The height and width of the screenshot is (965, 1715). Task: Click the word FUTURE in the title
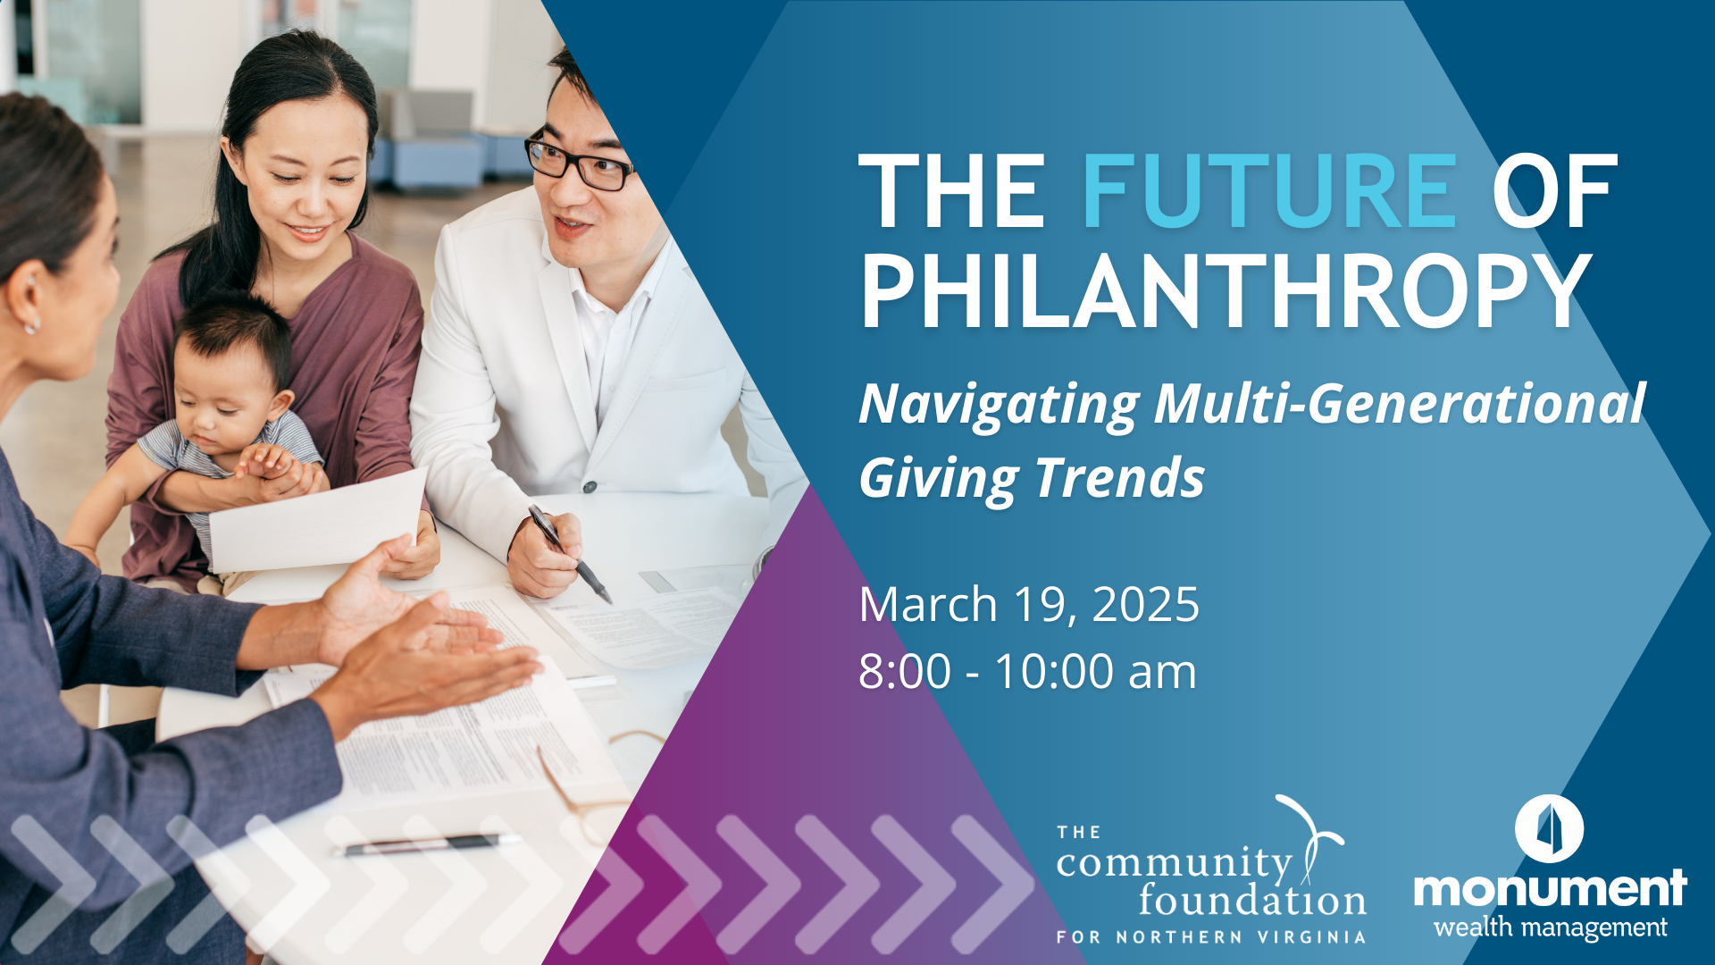coord(1268,192)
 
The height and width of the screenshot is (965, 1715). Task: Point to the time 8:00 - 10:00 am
coord(1027,672)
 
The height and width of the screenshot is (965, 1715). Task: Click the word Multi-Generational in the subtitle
coord(1399,404)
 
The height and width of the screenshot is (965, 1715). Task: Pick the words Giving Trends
coord(1032,478)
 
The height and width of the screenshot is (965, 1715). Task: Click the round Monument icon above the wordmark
coord(1549,828)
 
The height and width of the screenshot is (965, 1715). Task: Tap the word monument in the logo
coord(1550,888)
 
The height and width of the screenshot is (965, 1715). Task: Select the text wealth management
coord(1550,927)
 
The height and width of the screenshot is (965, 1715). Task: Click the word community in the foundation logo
coord(1174,863)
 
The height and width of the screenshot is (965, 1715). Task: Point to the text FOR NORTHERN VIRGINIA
coord(1211,937)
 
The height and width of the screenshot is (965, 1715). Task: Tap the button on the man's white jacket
coord(590,487)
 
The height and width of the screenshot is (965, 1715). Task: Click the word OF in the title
coord(1554,192)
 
